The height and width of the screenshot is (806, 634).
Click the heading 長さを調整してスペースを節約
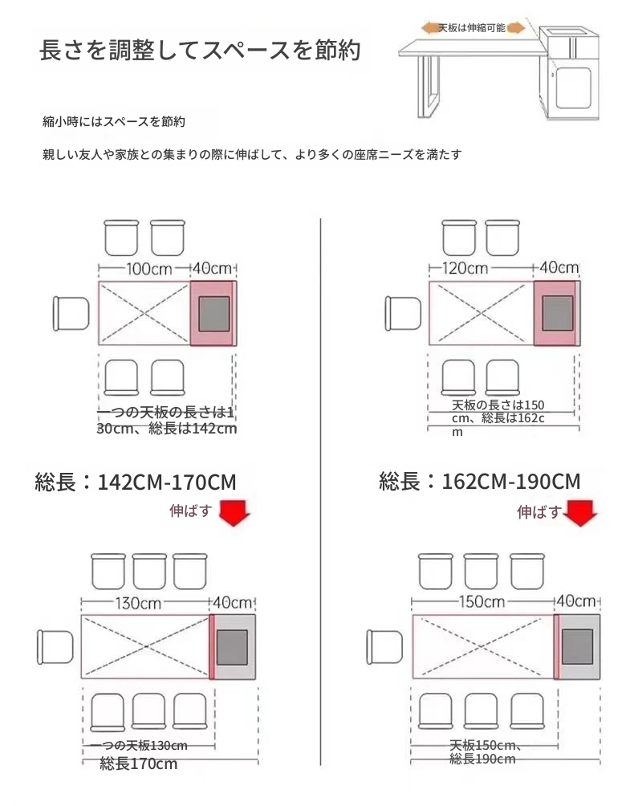point(200,51)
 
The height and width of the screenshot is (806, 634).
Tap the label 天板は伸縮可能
point(472,28)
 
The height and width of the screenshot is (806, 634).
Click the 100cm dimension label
point(149,269)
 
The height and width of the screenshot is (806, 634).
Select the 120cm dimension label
point(465,268)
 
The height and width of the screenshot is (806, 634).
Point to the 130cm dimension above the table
point(138,603)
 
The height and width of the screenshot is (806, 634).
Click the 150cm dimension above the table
point(482,601)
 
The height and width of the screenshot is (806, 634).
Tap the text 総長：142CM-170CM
point(136,482)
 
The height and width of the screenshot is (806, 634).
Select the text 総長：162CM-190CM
point(479,481)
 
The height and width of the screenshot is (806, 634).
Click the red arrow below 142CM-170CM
point(234,512)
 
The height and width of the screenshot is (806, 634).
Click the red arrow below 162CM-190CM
point(580,513)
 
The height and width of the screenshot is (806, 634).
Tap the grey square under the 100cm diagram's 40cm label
point(214,314)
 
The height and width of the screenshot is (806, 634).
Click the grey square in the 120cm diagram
point(558,313)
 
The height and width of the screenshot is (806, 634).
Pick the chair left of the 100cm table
point(71,314)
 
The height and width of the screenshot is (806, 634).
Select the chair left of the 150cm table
point(384,647)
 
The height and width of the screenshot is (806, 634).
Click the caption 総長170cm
point(138,763)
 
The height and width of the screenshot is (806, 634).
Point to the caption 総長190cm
point(482,759)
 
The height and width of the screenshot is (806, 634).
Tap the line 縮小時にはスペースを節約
point(113,122)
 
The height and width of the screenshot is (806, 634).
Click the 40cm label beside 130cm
point(233,602)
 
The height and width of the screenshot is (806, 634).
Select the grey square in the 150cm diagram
point(578,647)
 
